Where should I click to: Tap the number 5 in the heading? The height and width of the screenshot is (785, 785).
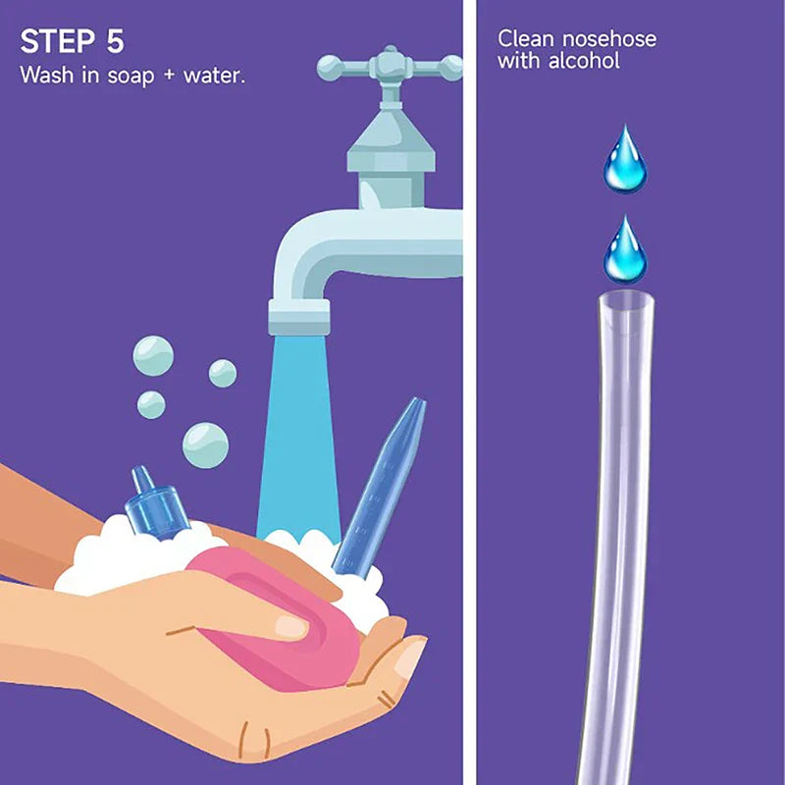pos(113,41)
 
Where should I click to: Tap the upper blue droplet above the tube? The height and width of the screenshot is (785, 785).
pos(625,158)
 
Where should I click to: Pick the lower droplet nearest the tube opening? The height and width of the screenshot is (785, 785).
pos(625,250)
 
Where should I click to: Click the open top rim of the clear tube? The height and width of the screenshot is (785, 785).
pos(625,297)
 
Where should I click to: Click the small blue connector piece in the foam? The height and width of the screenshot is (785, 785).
pos(155,505)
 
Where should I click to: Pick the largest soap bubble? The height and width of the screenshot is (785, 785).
pos(205,445)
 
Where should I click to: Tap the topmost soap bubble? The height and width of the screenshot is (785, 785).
pos(153,354)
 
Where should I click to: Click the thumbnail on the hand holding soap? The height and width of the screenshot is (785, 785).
pos(290,625)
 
